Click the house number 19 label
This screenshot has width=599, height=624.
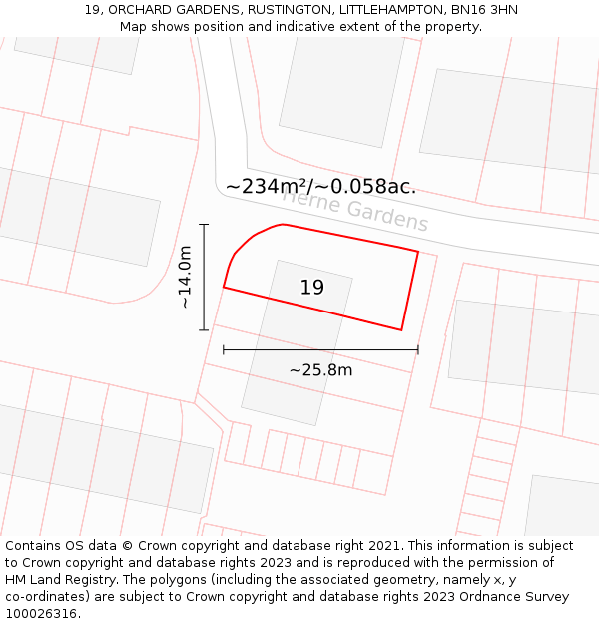click(311, 288)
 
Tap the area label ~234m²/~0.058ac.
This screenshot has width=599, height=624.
click(320, 187)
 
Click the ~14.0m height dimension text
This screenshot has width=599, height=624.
click(185, 278)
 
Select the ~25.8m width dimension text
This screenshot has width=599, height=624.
click(320, 370)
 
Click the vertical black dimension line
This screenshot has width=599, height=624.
click(204, 277)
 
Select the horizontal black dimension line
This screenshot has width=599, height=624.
click(320, 350)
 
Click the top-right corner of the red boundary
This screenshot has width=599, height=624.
click(417, 251)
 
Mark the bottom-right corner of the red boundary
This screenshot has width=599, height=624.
click(401, 329)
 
